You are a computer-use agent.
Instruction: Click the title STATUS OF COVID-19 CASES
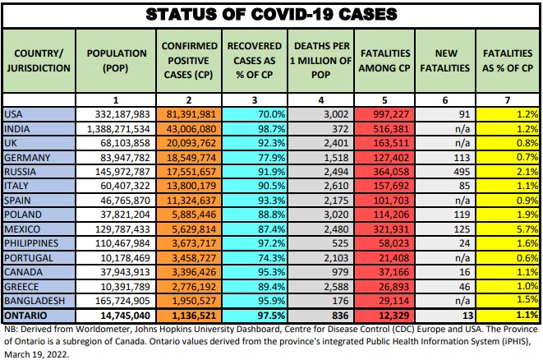271,14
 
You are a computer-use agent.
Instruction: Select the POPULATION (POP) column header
113,60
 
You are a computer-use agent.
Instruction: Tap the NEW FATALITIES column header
444,60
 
